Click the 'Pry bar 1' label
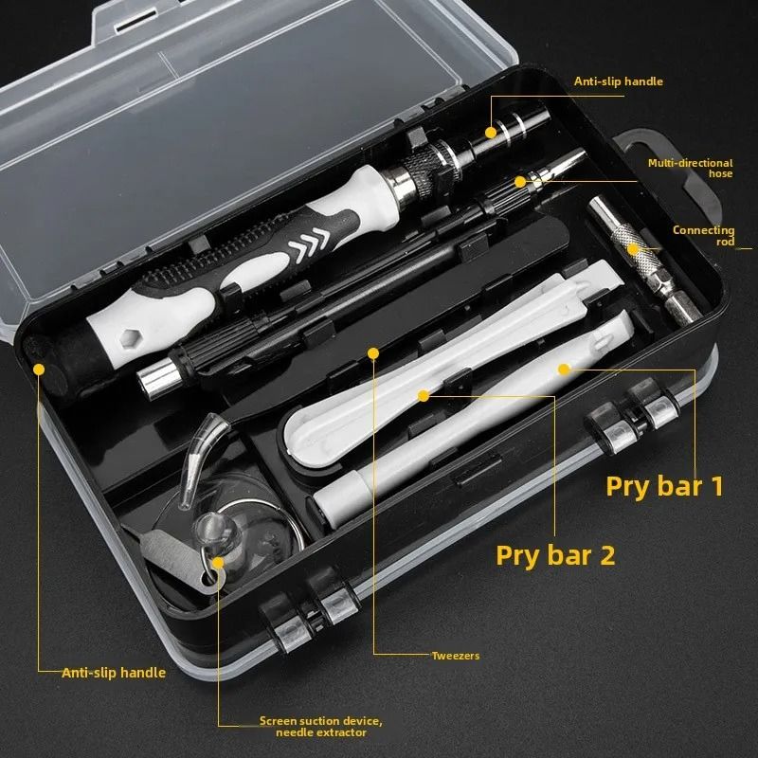[664, 486]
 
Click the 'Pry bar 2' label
[555, 554]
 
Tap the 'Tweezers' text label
[456, 656]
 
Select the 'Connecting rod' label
[703, 235]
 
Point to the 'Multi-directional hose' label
[690, 168]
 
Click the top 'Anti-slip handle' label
[618, 81]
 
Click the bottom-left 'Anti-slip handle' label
[114, 673]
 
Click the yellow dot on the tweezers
[373, 353]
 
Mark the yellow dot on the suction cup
[219, 563]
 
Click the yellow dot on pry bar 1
[563, 368]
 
